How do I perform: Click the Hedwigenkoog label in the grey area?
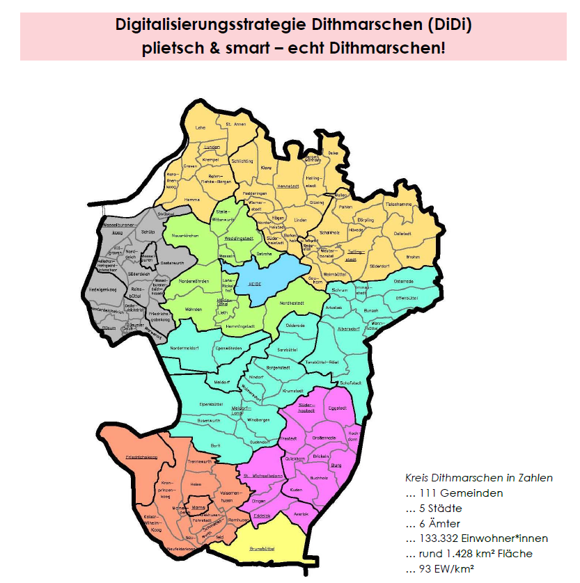102,289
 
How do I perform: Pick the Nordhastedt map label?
292,303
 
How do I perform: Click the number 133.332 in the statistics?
444,538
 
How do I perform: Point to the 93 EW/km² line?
446,570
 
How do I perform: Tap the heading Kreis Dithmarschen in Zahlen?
479,478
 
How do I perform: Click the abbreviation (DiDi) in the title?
448,26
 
